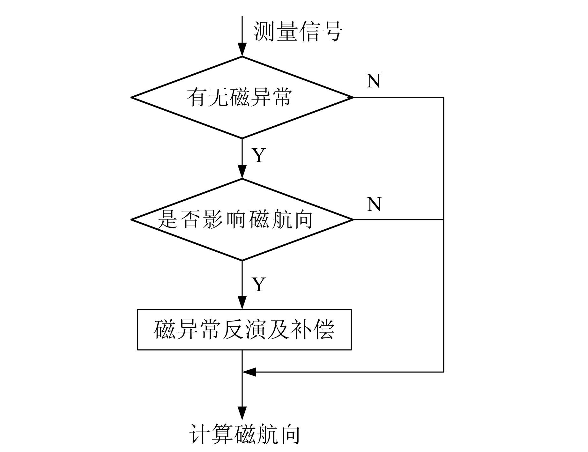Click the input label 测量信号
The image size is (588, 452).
(298, 31)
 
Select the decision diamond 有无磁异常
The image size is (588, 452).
(242, 97)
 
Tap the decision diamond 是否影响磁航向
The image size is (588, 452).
(242, 219)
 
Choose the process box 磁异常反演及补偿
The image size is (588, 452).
(244, 330)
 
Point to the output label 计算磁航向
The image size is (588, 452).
(245, 434)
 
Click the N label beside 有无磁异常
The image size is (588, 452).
(374, 81)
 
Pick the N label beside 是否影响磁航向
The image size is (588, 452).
(374, 204)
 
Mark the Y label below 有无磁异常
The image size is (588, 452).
(259, 155)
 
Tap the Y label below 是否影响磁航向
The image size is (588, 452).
(259, 284)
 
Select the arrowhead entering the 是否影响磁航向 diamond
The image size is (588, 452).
(242, 172)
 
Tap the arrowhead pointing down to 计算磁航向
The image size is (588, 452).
(242, 413)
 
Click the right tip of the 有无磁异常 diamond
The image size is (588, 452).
(353, 97)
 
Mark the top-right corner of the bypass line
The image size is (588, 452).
(443, 97)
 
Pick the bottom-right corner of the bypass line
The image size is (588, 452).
(443, 372)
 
